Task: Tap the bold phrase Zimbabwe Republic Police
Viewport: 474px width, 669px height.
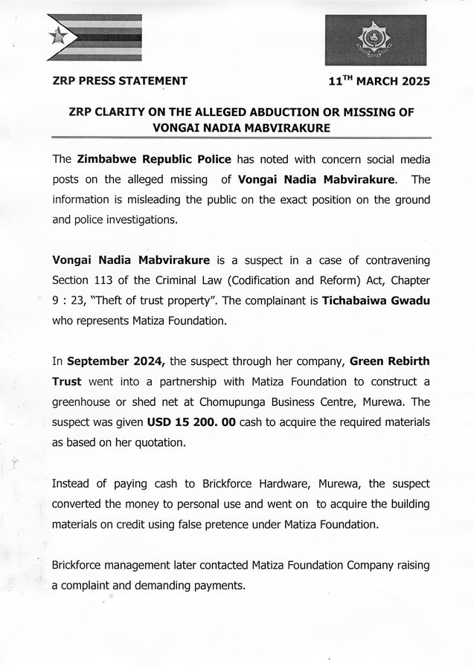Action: click(150, 160)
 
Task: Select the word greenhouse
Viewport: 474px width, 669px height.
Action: click(84, 402)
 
